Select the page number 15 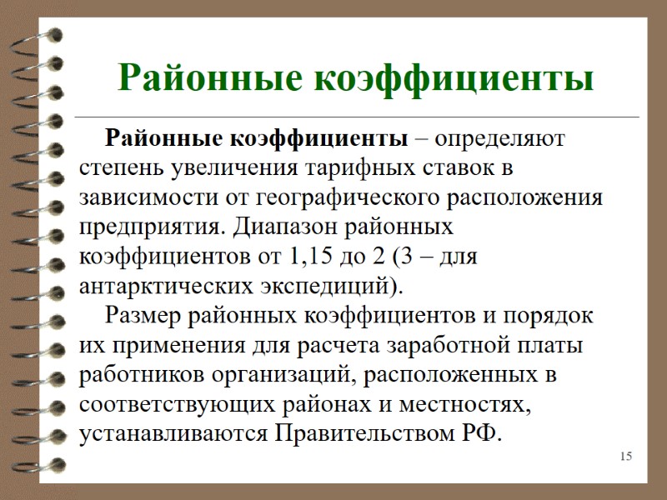(x=626, y=456)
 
